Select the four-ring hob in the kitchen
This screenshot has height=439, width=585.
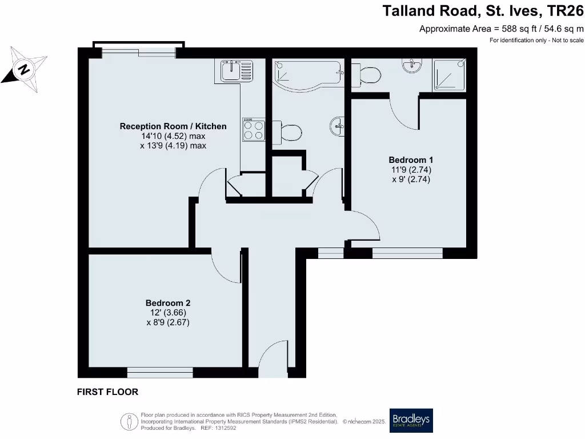click(254, 129)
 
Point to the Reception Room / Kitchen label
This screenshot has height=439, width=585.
click(173, 126)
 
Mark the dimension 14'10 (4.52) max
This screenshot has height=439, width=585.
click(173, 136)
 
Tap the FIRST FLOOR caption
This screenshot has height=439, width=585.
click(107, 392)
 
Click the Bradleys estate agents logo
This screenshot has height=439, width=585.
click(411, 421)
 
